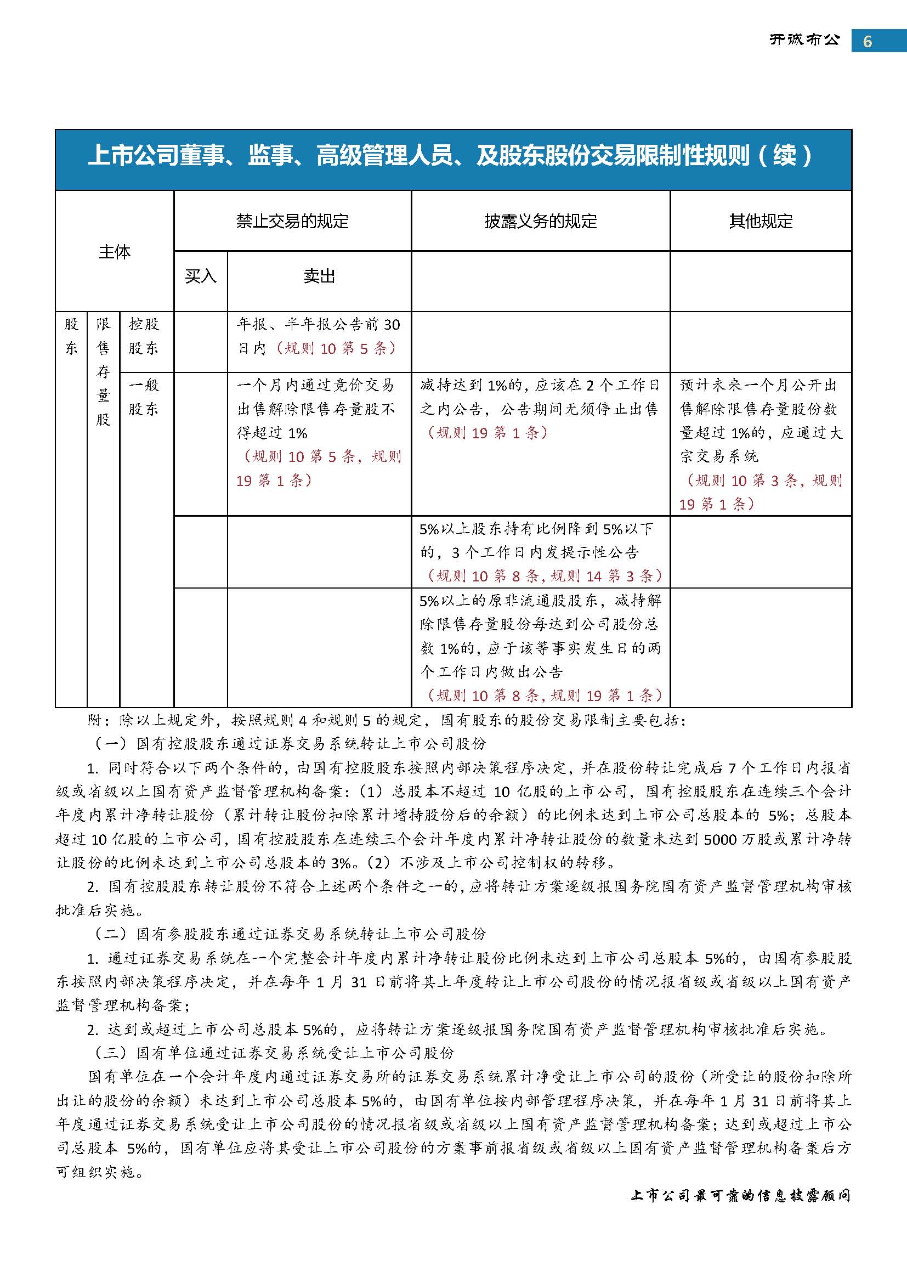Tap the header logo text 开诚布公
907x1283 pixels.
pos(804,40)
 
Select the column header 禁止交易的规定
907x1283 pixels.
pos(292,221)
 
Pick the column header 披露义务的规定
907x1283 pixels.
pos(540,221)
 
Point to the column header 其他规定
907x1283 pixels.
pos(760,221)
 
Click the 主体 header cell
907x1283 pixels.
pos(115,251)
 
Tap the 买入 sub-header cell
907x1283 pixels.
pos(201,276)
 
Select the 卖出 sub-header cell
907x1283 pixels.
pos(319,276)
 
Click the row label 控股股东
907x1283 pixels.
pos(144,336)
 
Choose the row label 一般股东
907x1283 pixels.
pos(144,397)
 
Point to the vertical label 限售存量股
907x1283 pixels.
pos(103,371)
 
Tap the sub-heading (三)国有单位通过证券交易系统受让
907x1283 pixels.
pos(272,1053)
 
